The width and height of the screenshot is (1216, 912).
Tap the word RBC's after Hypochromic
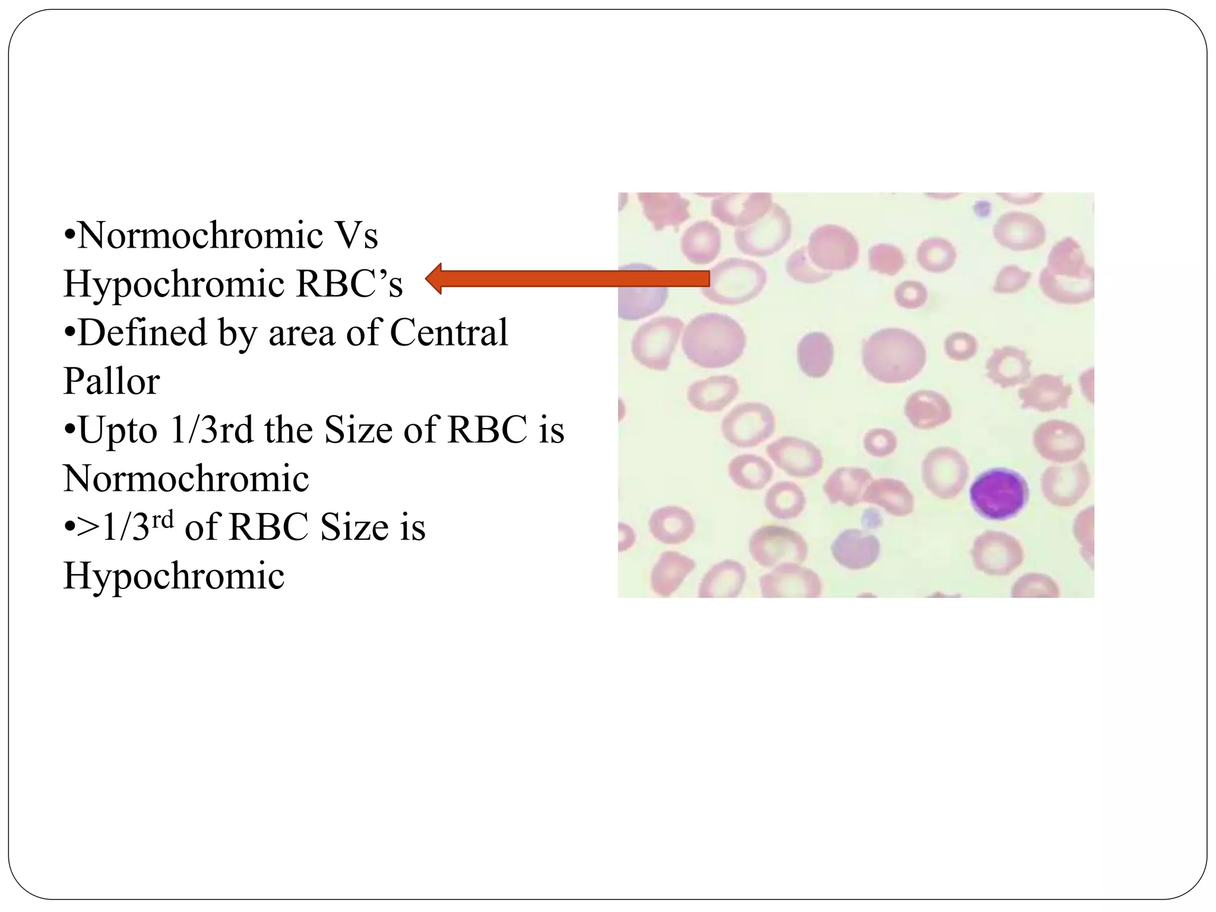[x=350, y=284]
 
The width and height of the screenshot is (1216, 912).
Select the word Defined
[x=142, y=332]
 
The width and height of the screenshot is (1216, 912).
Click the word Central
[x=449, y=332]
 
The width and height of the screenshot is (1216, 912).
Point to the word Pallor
[x=112, y=381]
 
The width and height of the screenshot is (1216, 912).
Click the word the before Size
[x=290, y=430]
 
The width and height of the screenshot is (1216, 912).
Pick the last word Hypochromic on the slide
[x=174, y=575]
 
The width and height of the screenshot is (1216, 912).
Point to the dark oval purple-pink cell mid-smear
[x=816, y=356]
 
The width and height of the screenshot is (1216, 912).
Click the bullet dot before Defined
[x=69, y=334]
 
